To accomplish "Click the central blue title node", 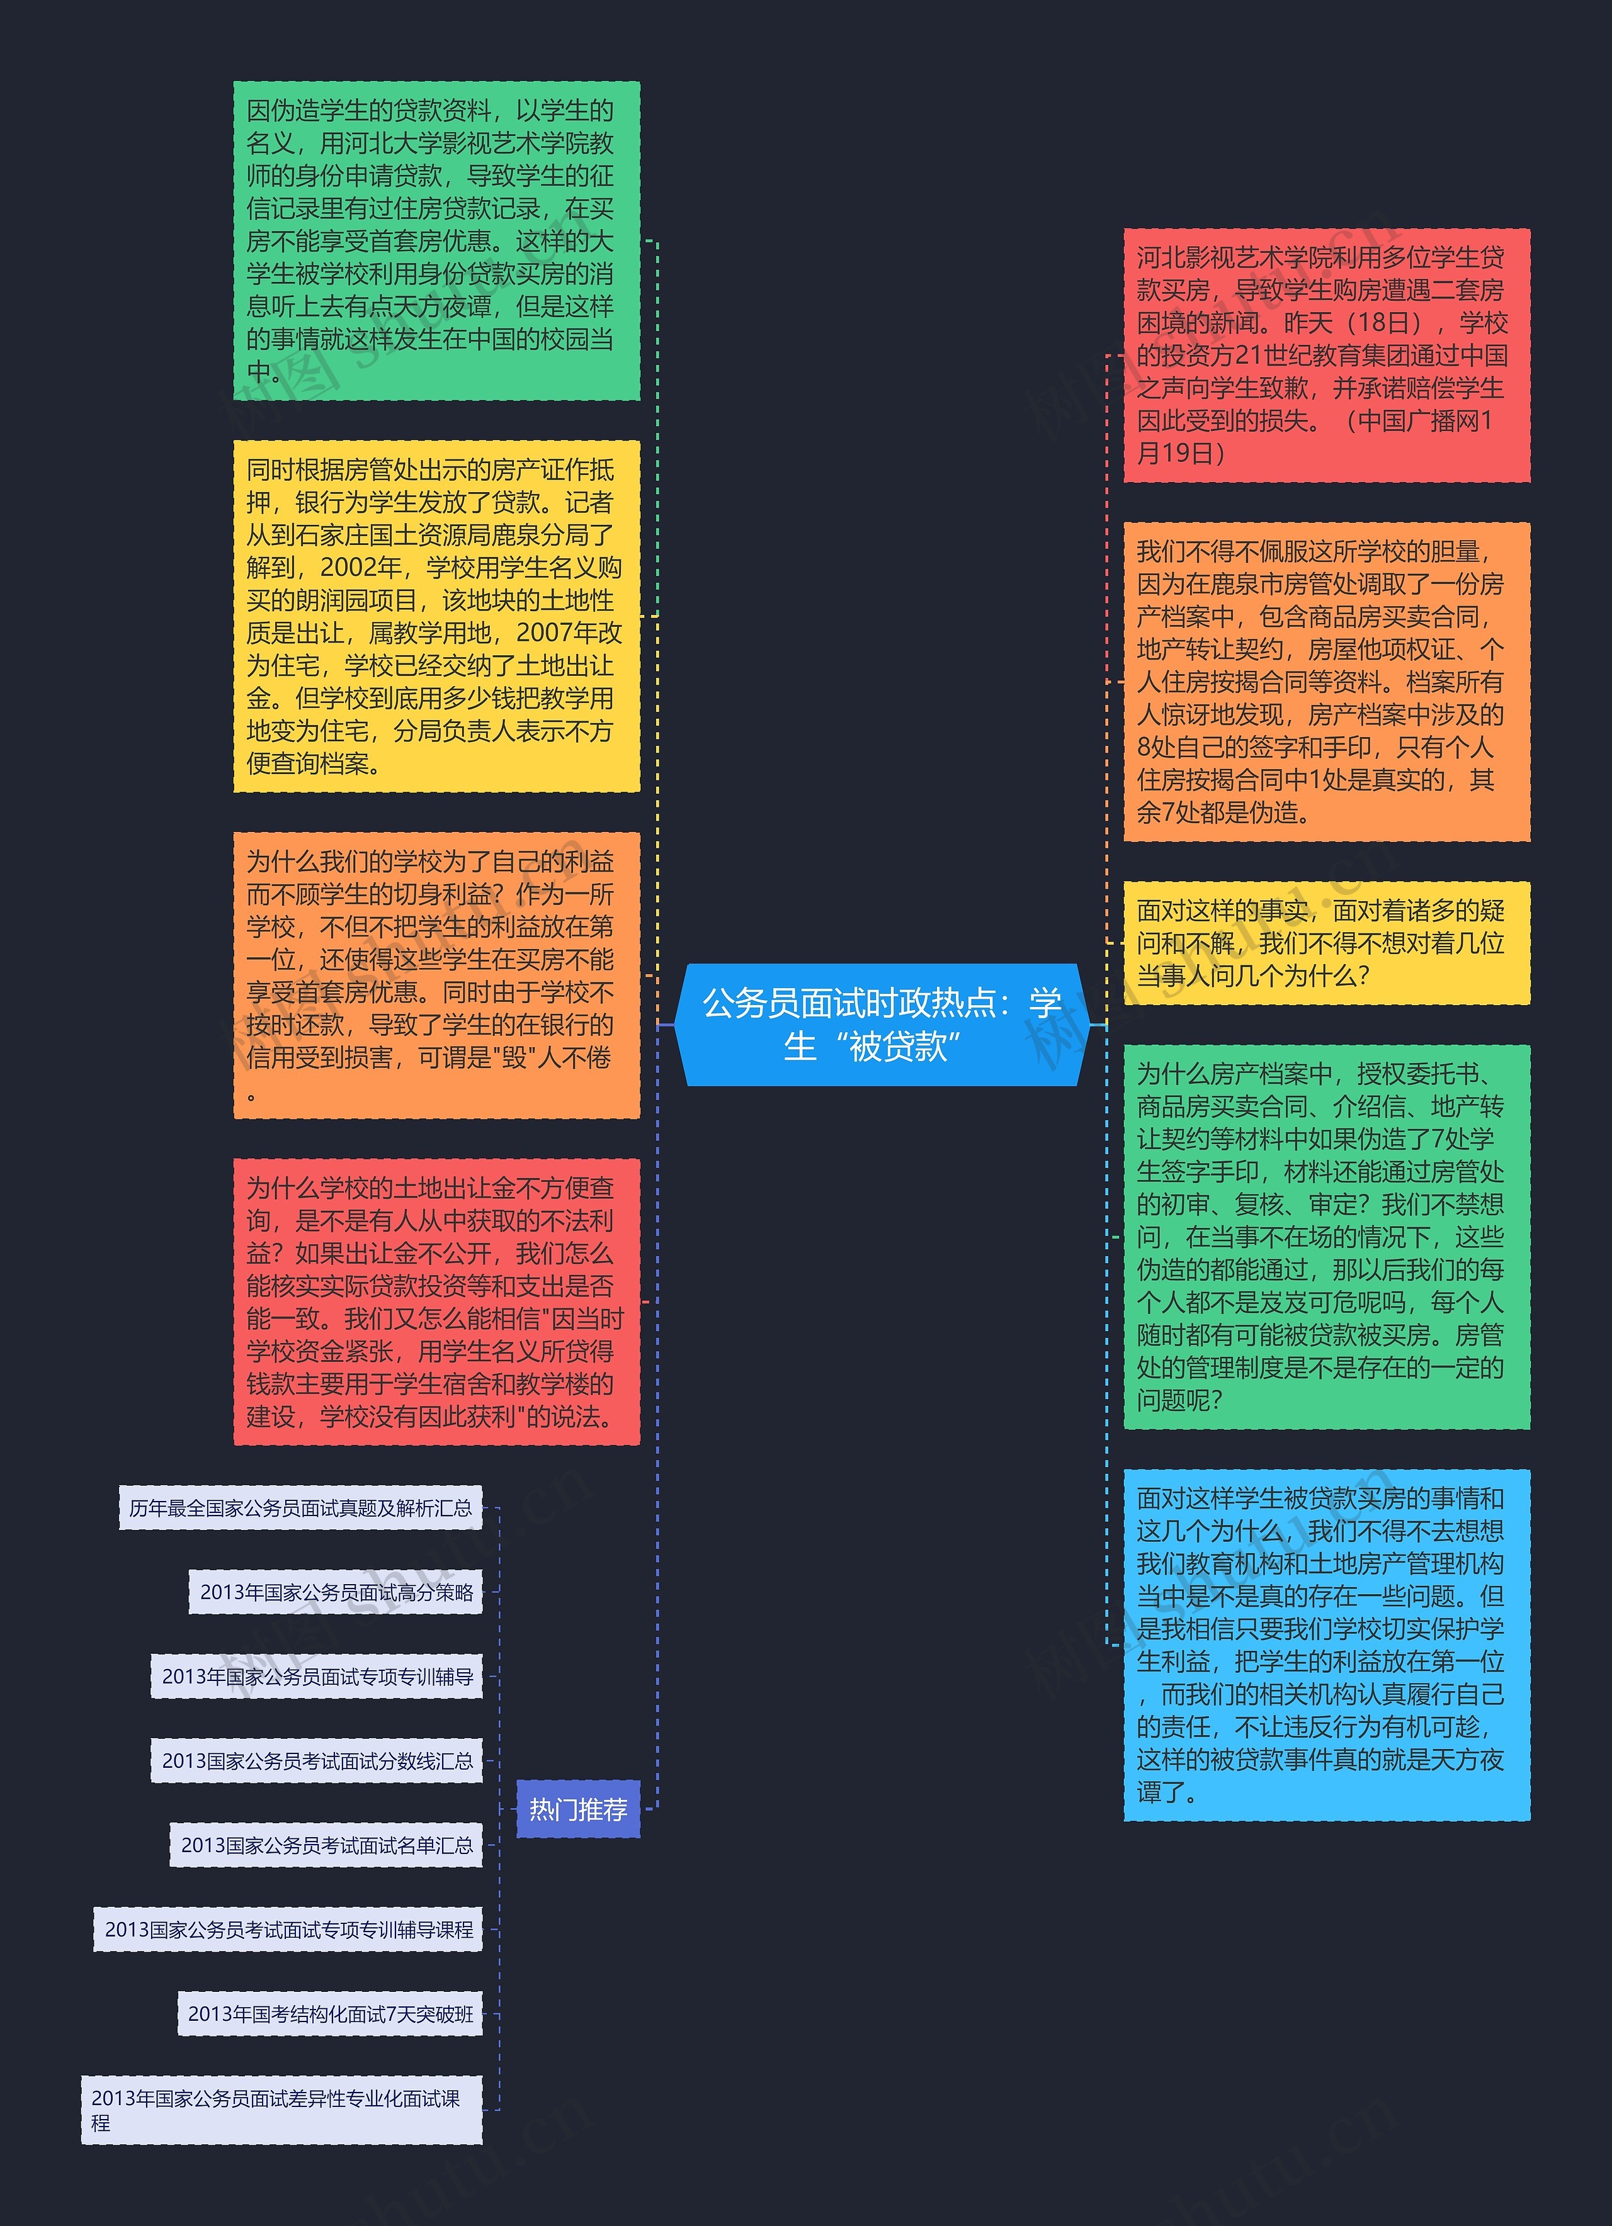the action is tap(880, 1025).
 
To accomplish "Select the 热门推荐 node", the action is tap(577, 1809).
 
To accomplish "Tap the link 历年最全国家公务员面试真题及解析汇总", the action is tap(300, 1507).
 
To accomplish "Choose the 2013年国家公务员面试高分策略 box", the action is tap(336, 1592).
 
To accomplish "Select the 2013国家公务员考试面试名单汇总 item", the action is tap(326, 1845).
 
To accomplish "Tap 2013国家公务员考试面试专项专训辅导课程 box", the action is tap(288, 1930).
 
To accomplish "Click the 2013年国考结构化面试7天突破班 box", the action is tap(330, 2014).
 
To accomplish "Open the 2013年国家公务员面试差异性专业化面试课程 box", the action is tap(281, 2110).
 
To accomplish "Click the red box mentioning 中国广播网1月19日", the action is tap(1326, 356).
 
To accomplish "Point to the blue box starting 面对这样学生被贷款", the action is tap(1326, 1645).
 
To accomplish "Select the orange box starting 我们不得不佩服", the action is tap(1326, 682).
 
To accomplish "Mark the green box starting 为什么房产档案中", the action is tap(1326, 1237).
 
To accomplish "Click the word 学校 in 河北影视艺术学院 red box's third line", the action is tap(1482, 323).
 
